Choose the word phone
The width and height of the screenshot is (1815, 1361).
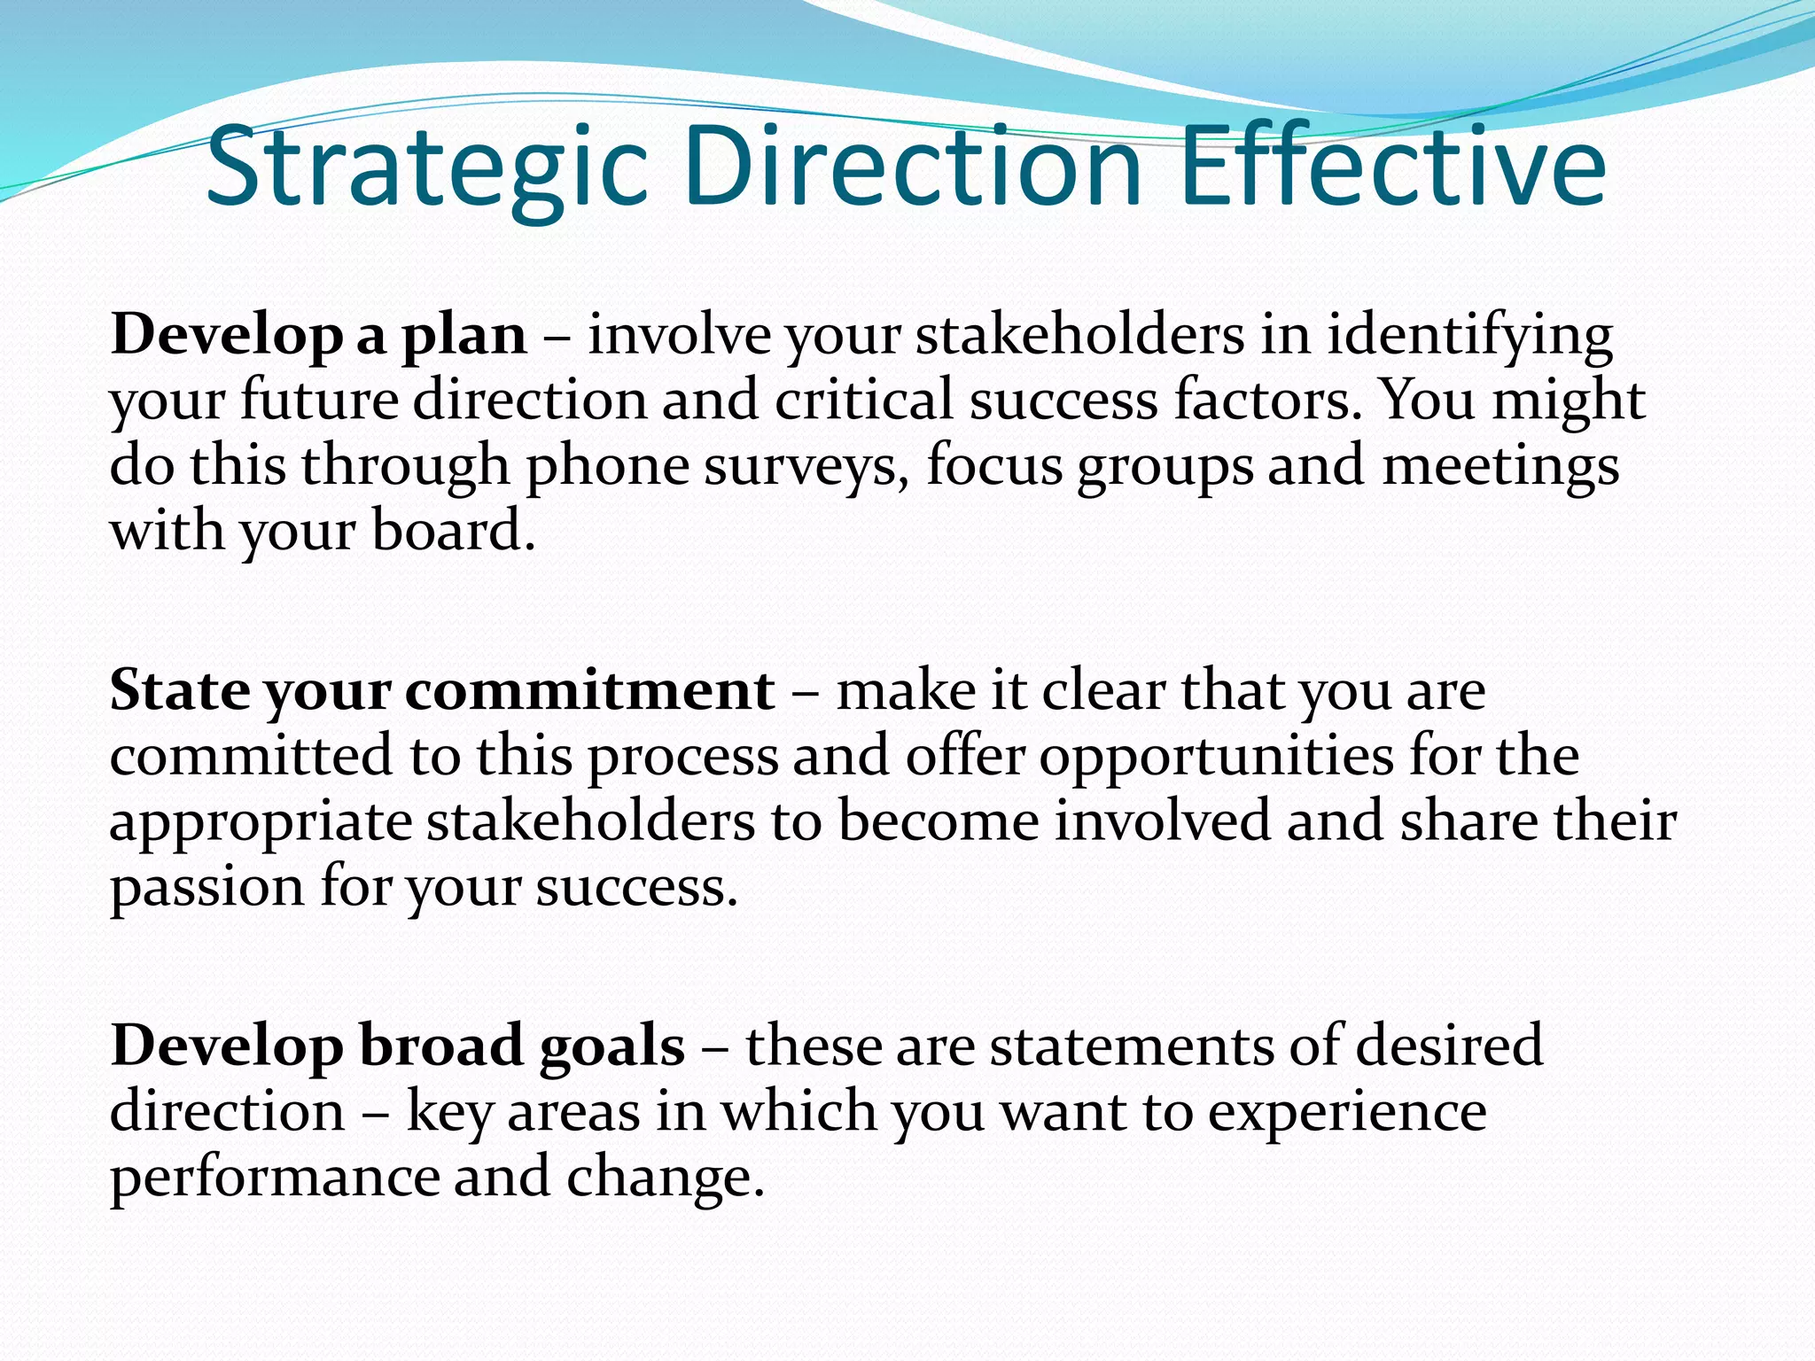click(608, 467)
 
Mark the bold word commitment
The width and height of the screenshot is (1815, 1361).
click(589, 691)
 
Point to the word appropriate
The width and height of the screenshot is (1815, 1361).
click(261, 822)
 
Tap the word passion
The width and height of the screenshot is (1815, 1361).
click(206, 887)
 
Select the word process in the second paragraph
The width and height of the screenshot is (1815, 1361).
click(682, 758)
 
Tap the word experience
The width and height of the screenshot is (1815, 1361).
click(1347, 1113)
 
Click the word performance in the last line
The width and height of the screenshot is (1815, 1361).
click(274, 1178)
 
